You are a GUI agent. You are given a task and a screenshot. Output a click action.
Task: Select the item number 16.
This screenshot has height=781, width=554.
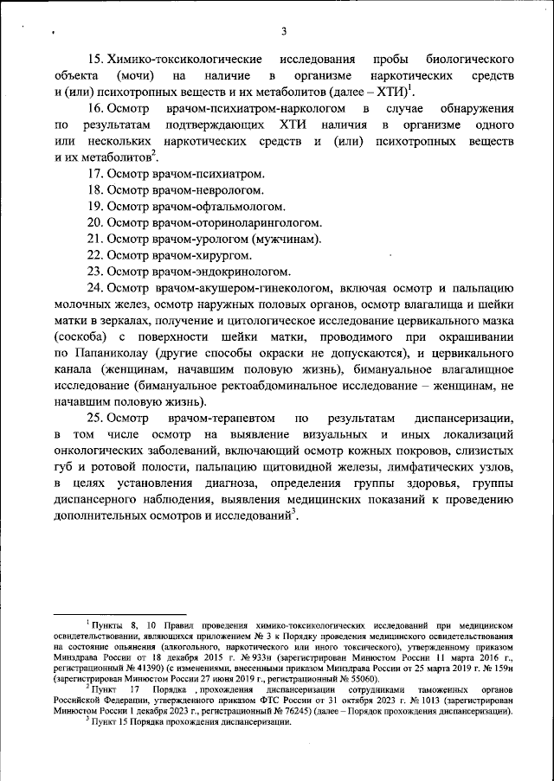pyautogui.click(x=98, y=110)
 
